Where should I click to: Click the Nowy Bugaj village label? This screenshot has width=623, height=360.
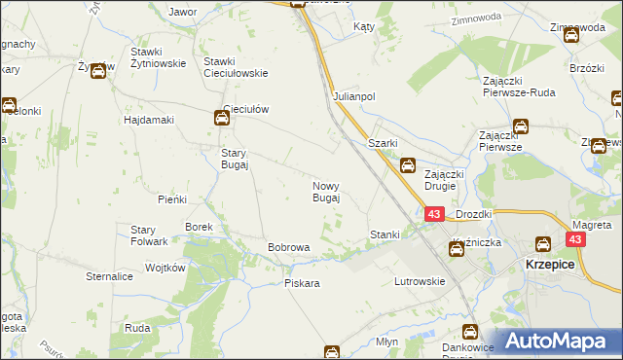pyautogui.click(x=325, y=191)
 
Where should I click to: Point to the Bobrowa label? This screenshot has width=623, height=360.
pyautogui.click(x=288, y=247)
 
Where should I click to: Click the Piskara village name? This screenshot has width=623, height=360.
pyautogui.click(x=302, y=283)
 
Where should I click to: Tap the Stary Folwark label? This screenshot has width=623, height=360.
pyautogui.click(x=150, y=235)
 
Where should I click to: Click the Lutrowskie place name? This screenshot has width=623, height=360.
pyautogui.click(x=420, y=281)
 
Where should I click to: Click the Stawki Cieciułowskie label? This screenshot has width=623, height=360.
pyautogui.click(x=235, y=66)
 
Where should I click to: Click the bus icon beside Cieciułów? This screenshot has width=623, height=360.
pyautogui.click(x=222, y=119)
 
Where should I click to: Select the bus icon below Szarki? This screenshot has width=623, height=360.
pyautogui.click(x=408, y=166)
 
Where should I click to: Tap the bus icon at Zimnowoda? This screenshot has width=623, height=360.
pyautogui.click(x=570, y=36)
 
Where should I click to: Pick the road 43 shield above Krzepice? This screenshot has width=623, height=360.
pyautogui.click(x=577, y=239)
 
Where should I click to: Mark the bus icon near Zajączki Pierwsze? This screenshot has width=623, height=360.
pyautogui.click(x=521, y=126)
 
